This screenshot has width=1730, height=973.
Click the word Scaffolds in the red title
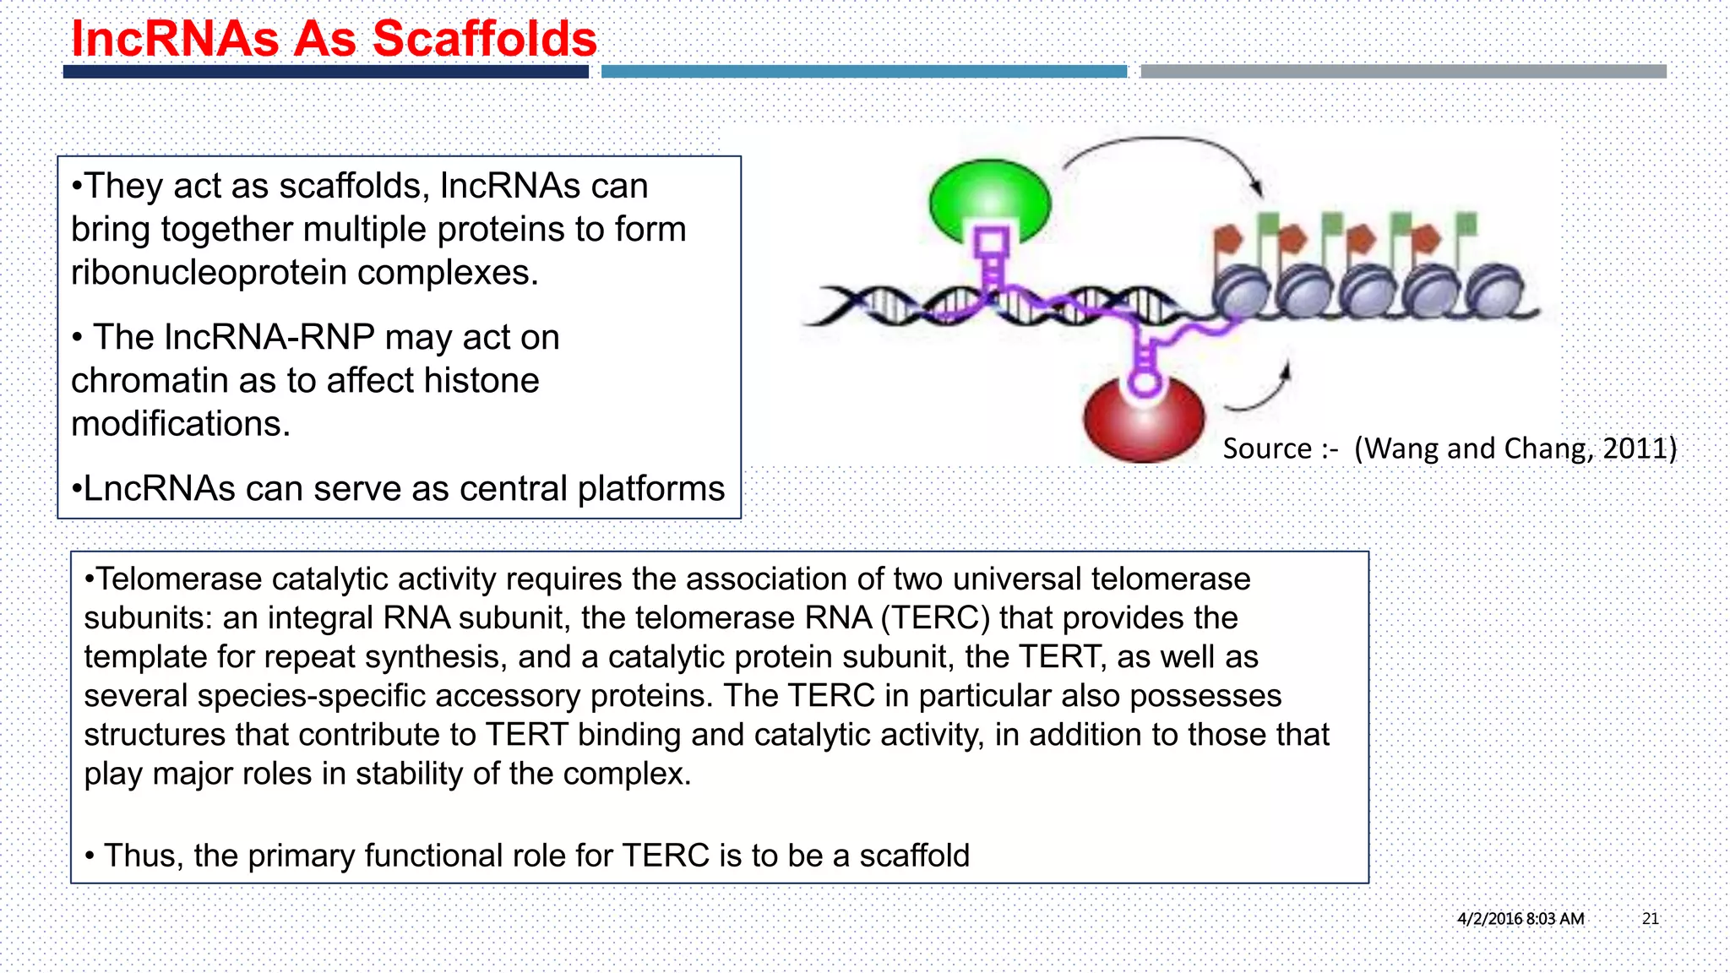pos(484,39)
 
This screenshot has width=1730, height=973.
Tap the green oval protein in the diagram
pos(990,199)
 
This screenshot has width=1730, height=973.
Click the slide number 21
pos(1650,918)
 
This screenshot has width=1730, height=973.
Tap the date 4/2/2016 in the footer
pos(1489,918)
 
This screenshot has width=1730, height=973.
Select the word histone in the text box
pos(481,380)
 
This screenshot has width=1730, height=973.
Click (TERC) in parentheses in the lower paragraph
pos(935,618)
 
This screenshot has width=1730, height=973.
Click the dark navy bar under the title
pos(325,72)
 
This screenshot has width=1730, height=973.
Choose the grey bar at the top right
pos(1402,72)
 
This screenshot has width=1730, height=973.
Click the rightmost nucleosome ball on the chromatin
pos(1495,290)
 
